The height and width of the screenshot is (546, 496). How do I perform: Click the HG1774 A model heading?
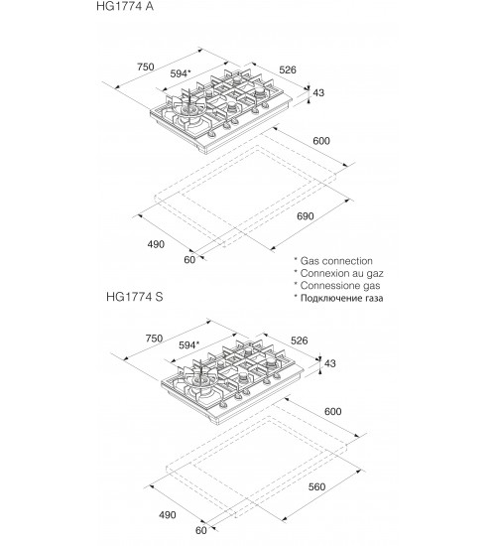pos(125,6)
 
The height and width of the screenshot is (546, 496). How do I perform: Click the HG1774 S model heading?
pos(134,297)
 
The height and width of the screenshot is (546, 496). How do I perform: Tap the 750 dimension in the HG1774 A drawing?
pos(146,67)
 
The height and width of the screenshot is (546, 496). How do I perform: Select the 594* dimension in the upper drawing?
pos(181,73)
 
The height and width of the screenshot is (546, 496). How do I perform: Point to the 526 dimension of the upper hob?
pos(288,69)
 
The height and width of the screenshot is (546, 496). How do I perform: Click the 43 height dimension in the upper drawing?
pos(318,92)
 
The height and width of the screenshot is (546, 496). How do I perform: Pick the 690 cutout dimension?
pos(306,216)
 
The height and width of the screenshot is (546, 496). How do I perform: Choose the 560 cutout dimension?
pos(316,486)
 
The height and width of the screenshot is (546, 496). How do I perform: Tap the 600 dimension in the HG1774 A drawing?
pos(321,141)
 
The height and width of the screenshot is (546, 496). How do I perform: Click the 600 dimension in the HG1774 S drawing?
pos(332,412)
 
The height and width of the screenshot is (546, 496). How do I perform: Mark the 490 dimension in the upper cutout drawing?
pos(156,244)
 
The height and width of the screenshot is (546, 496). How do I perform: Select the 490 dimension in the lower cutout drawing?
pos(168,514)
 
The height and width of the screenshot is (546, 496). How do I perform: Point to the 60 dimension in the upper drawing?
pos(189,260)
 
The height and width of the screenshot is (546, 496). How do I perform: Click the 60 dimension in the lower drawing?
pos(200,530)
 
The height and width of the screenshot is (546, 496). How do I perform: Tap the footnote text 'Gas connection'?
pos(336,261)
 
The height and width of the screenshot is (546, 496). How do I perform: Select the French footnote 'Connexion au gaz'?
pos(342,273)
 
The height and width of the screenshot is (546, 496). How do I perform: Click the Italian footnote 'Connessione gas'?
pos(340,286)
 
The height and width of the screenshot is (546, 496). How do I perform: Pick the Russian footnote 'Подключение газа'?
pos(342,298)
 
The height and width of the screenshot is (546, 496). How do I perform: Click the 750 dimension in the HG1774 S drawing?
pos(154,339)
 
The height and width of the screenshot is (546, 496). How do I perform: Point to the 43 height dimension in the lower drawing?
pos(330,363)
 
